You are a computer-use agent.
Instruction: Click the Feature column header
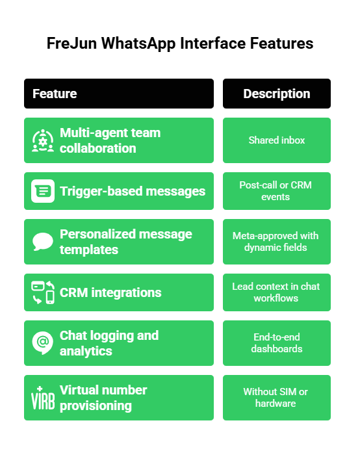pyautogui.click(x=55, y=94)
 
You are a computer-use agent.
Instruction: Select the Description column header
pyautogui.click(x=276, y=94)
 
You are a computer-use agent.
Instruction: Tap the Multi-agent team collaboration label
pyautogui.click(x=110, y=140)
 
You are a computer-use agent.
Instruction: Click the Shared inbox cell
pyautogui.click(x=276, y=140)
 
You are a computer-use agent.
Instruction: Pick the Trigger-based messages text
pyautogui.click(x=133, y=191)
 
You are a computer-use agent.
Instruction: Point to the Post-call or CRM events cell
pyautogui.click(x=276, y=191)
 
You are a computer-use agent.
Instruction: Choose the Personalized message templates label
pyautogui.click(x=125, y=242)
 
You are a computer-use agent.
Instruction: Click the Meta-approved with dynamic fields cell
pyautogui.click(x=276, y=242)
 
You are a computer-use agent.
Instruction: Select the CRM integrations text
pyautogui.click(x=110, y=292)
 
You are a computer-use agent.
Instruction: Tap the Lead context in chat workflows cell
pyautogui.click(x=276, y=292)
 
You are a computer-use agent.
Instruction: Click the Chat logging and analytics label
pyautogui.click(x=109, y=343)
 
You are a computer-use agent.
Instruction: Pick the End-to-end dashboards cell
pyautogui.click(x=276, y=343)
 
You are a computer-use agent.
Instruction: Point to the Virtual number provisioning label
pyautogui.click(x=103, y=398)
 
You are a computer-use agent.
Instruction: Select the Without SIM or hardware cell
pyautogui.click(x=276, y=398)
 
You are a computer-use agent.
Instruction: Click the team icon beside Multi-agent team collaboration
pyautogui.click(x=43, y=141)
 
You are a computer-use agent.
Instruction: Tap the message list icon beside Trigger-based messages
pyautogui.click(x=43, y=191)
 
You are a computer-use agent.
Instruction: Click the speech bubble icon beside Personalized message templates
pyautogui.click(x=43, y=242)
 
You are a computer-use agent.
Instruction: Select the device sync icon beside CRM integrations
pyautogui.click(x=43, y=292)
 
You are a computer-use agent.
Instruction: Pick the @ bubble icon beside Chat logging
pyautogui.click(x=43, y=342)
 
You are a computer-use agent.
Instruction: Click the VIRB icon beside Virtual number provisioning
pyautogui.click(x=43, y=398)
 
